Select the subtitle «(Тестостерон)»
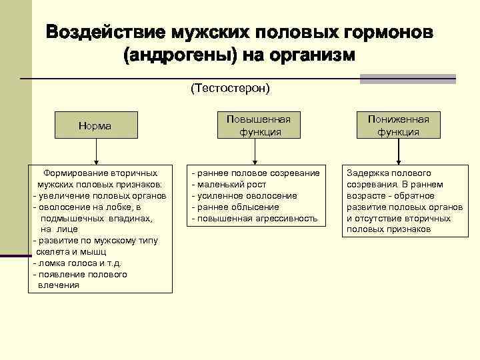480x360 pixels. tap(231, 88)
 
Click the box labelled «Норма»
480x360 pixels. tap(95, 125)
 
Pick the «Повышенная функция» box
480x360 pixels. tap(259, 125)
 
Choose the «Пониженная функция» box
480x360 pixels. tap(399, 125)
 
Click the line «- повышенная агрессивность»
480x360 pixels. tap(255, 218)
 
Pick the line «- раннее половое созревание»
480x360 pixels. tap(255, 173)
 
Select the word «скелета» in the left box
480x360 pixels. tap(52, 251)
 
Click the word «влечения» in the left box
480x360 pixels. tap(59, 285)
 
